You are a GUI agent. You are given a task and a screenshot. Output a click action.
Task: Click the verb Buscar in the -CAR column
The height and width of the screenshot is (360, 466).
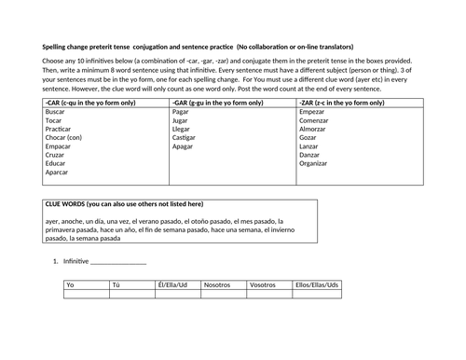tap(55, 111)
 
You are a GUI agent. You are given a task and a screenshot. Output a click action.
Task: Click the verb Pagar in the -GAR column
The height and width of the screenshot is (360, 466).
tap(183, 111)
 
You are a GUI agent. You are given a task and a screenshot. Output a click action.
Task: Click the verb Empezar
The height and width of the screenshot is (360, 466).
tap(313, 111)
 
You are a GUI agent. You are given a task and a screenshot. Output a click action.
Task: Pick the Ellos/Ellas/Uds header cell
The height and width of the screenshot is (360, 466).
tap(316, 284)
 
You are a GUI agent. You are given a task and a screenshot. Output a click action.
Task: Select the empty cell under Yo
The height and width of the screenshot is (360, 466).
tap(86, 295)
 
